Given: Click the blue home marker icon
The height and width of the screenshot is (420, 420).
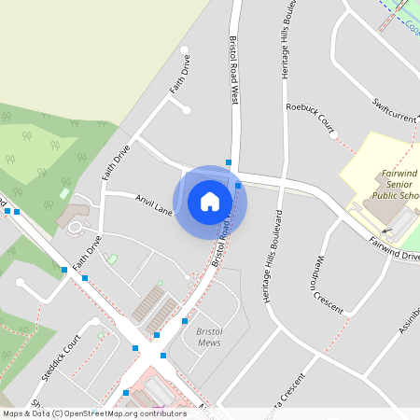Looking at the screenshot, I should point(210,202).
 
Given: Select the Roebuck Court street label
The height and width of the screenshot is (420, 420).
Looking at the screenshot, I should point(310,117).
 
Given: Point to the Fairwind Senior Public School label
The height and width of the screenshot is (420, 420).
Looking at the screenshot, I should point(399,185).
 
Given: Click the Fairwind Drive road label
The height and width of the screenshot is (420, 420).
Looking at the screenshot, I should point(394,247).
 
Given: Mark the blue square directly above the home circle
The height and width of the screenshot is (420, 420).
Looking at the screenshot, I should point(229,162).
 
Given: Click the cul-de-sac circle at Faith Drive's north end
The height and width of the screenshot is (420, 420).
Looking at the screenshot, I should point(184,50).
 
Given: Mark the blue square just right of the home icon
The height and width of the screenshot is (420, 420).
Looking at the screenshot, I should point(238,186).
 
